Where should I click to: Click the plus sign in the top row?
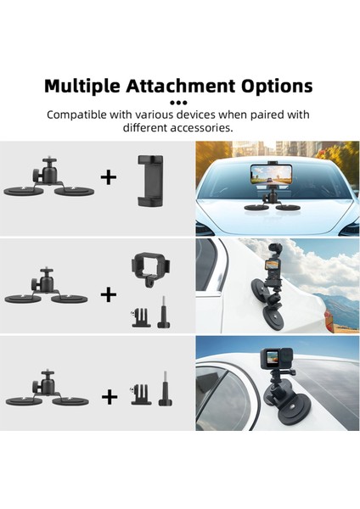pyautogui.click(x=108, y=177)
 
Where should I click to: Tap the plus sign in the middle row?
pyautogui.click(x=108, y=294)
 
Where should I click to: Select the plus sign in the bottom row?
pyautogui.click(x=110, y=396)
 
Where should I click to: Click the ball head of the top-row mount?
pyautogui.click(x=48, y=159)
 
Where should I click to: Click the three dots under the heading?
pyautogui.click(x=179, y=101)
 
